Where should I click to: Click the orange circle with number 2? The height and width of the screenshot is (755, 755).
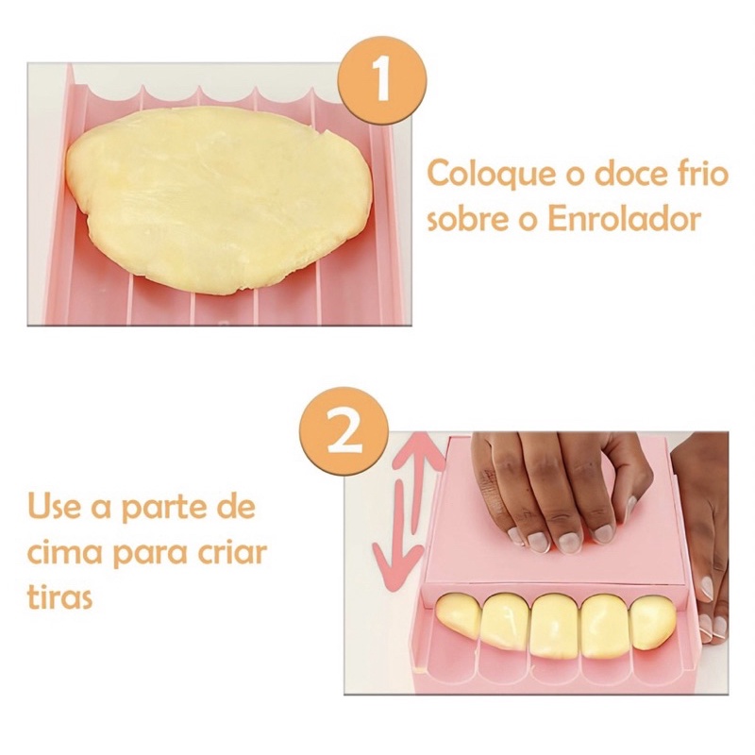click(344, 434)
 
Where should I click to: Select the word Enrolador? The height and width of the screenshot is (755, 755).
click(624, 219)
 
